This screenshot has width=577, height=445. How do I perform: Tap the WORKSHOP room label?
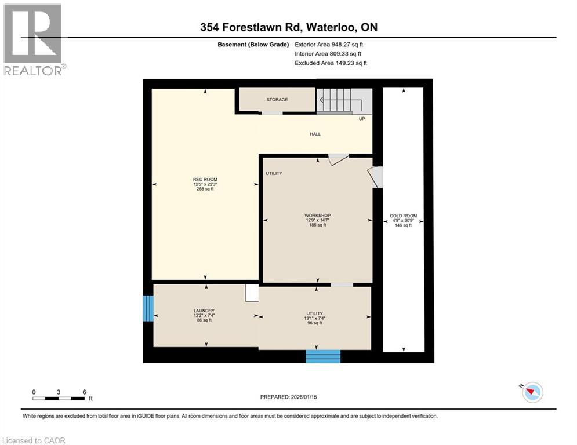(x=317, y=216)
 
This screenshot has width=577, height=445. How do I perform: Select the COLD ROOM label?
(x=403, y=216)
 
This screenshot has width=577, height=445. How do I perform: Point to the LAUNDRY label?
(x=204, y=311)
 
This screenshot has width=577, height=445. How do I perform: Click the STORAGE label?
(x=277, y=100)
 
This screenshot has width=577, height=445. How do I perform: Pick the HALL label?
(x=315, y=134)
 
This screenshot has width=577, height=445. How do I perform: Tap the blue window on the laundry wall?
(x=148, y=308)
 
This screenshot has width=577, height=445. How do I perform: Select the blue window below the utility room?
(x=322, y=356)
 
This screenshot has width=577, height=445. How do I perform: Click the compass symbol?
(x=532, y=392)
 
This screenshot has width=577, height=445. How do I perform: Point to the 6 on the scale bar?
(x=85, y=392)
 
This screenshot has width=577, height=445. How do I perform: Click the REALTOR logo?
(x=33, y=39)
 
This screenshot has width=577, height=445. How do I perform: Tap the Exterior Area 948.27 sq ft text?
(x=329, y=44)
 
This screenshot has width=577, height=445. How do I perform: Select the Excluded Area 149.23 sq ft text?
(x=331, y=63)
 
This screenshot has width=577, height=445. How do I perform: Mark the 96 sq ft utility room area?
(x=314, y=323)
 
